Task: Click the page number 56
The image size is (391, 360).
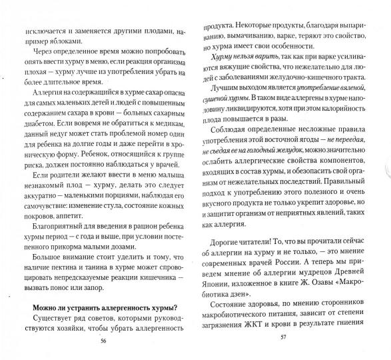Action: [x=103, y=340]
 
